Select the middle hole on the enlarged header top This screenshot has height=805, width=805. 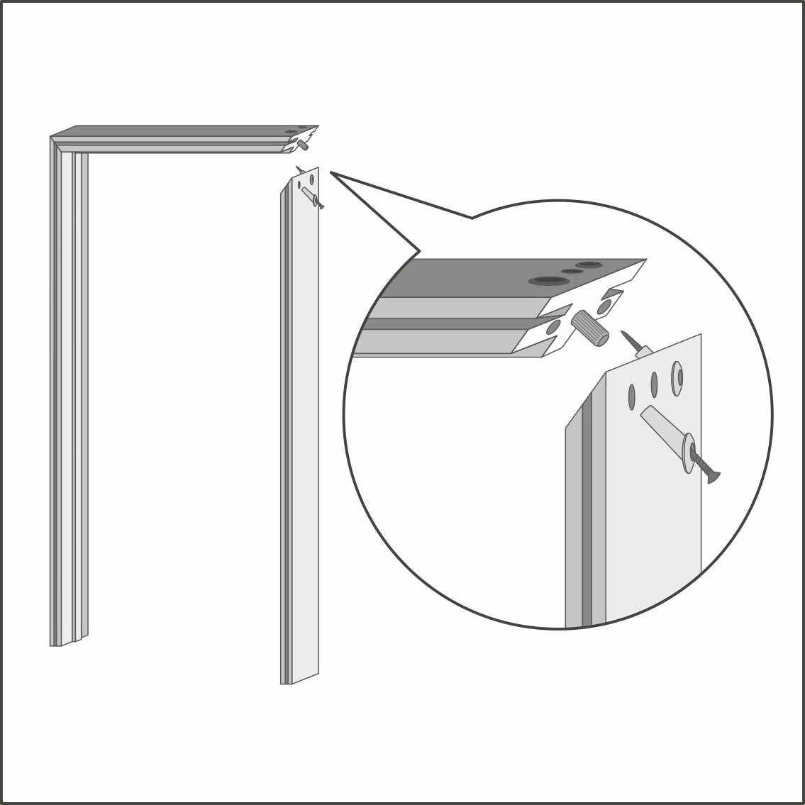572,271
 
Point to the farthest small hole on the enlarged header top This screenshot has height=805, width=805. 589,265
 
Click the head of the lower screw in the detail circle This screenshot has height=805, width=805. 712,476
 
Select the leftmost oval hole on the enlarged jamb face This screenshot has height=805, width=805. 631,397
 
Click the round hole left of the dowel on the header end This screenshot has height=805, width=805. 553,328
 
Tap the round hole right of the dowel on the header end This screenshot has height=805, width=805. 607,306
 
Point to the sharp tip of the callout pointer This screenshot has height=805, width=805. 331,172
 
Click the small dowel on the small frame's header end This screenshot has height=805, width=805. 303,144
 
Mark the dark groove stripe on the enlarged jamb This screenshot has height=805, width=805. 587,511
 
